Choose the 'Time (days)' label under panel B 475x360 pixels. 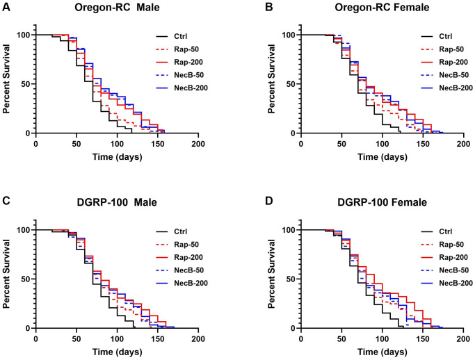(382, 157)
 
